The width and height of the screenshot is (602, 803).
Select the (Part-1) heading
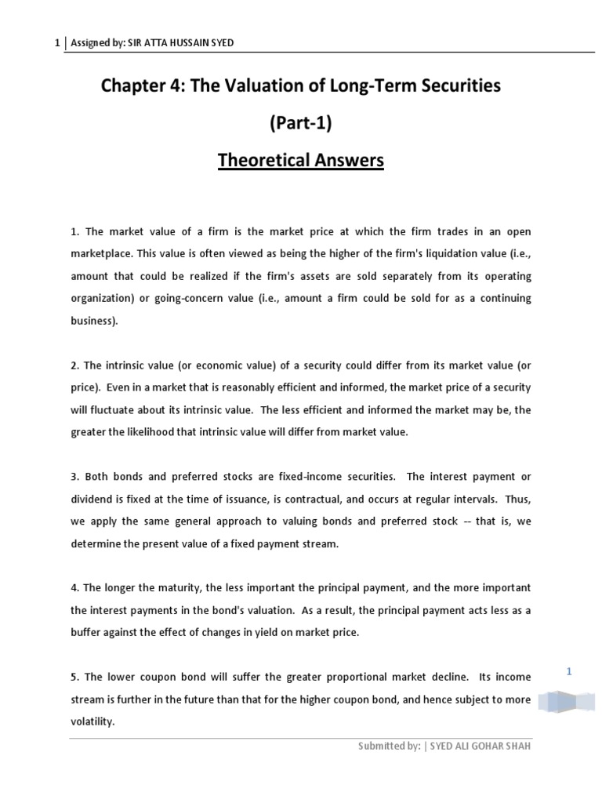300,123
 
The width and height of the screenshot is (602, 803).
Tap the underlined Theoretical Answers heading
300,161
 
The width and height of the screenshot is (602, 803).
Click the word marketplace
99,254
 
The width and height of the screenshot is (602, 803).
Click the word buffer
85,633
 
